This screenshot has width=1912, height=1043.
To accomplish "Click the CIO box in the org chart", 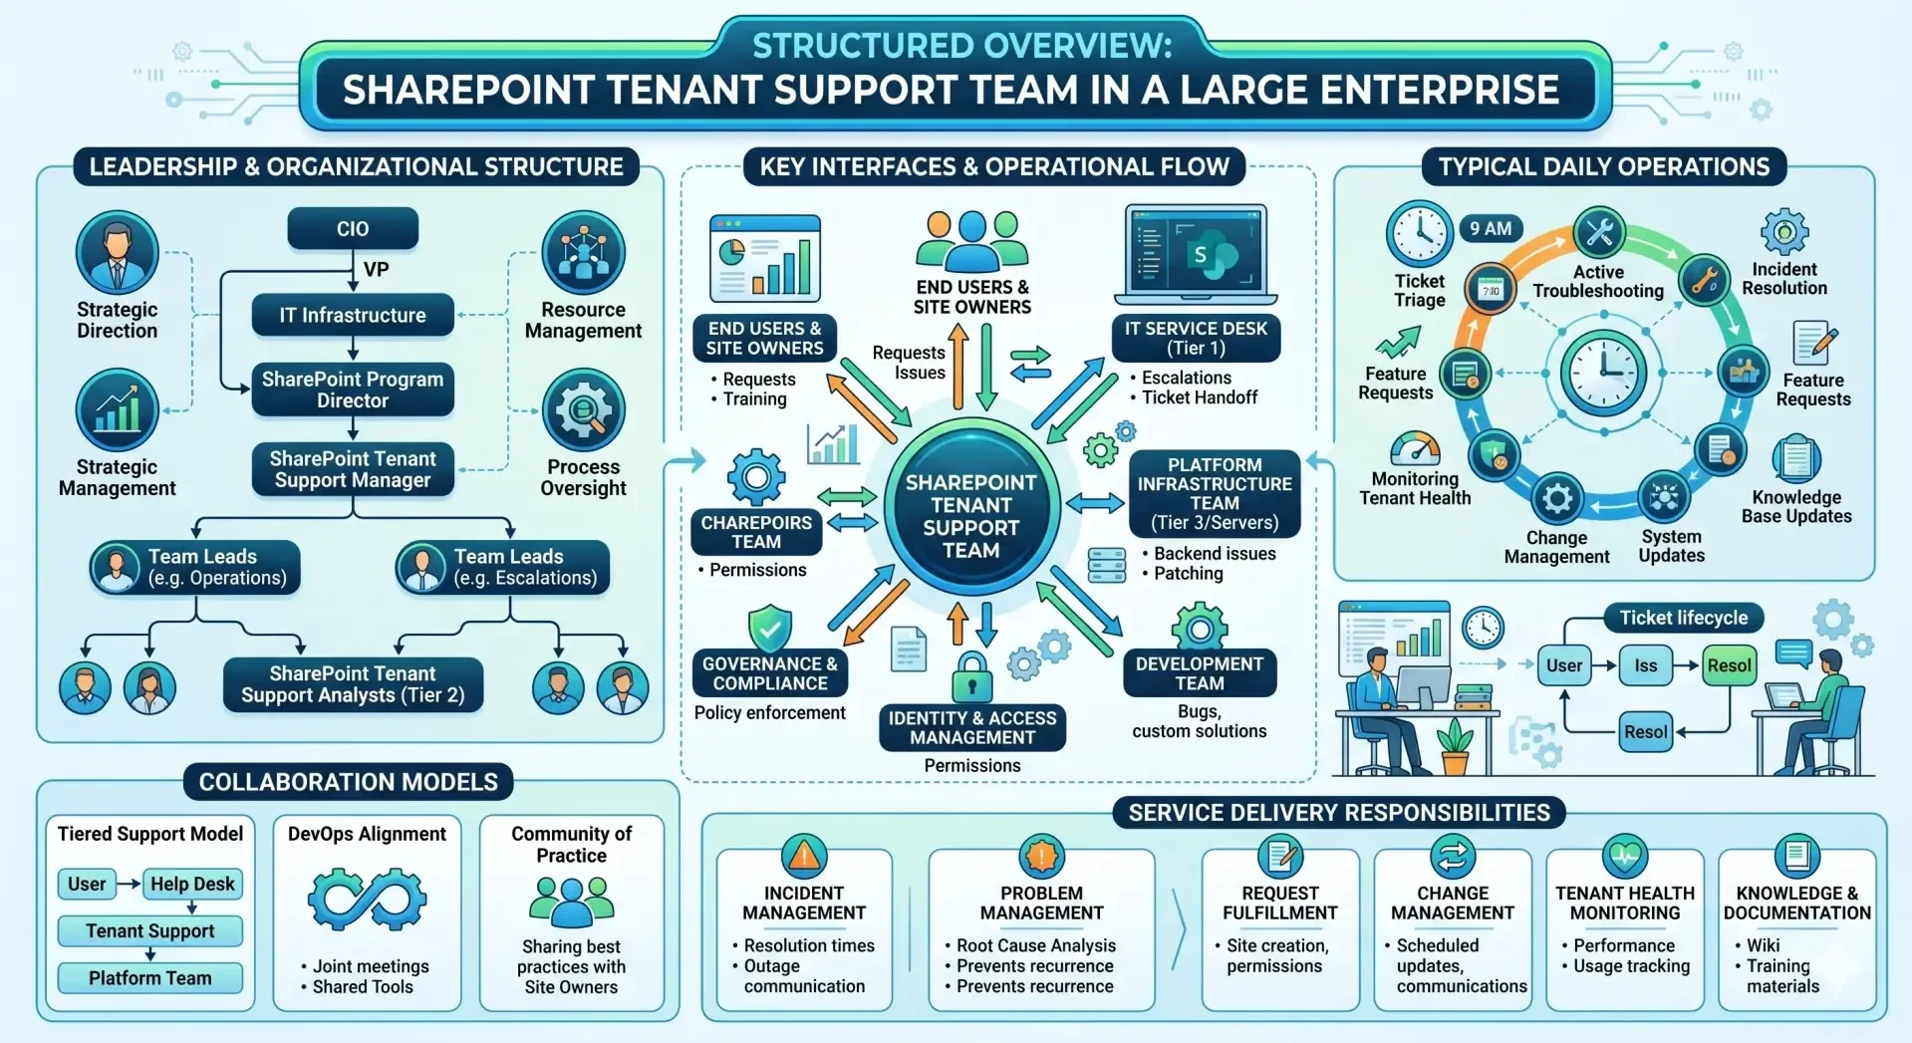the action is [x=353, y=229].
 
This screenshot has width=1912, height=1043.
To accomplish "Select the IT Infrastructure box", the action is [x=353, y=316].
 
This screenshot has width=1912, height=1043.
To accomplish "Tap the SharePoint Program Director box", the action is [x=353, y=390].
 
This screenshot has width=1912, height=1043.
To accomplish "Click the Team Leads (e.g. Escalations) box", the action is [x=503, y=568].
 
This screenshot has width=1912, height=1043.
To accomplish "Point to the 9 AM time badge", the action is [x=1491, y=228].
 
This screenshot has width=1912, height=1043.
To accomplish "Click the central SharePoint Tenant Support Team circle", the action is [x=970, y=516].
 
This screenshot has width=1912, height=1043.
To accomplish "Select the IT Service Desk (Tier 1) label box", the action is [x=1196, y=338].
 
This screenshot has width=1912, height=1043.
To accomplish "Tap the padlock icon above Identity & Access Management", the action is [x=971, y=676].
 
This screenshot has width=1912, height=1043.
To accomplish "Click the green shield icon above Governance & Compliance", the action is [x=770, y=629].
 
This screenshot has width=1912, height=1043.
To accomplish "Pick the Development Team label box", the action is [x=1200, y=673].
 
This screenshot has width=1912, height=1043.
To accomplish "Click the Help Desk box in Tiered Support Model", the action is [x=192, y=884].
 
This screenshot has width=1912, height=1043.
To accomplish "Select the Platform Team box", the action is [x=150, y=978].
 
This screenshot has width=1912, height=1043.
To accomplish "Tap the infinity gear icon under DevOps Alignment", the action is [x=368, y=899].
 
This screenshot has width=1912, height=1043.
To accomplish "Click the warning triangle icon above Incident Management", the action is [x=804, y=856].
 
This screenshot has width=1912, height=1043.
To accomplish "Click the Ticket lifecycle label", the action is [x=1684, y=618].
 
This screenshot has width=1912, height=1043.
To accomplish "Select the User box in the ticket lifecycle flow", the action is [x=1564, y=665].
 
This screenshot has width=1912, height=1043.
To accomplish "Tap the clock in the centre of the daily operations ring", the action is [x=1603, y=373].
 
